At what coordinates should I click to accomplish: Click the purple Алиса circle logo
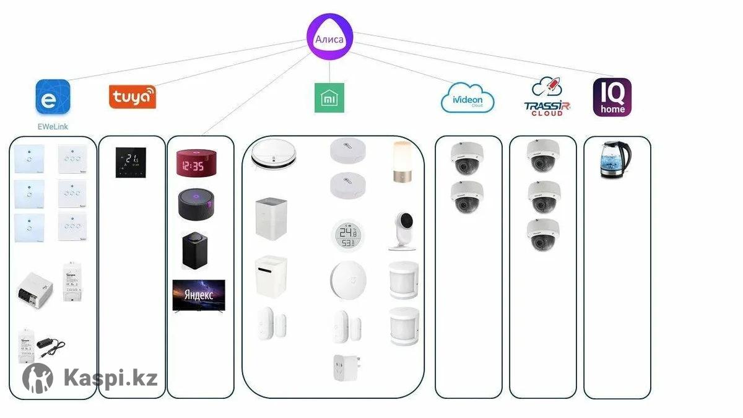pyautogui.click(x=330, y=38)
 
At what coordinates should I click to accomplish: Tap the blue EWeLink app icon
pyautogui.click(x=53, y=97)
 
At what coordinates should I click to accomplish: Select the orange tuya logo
pyautogui.click(x=133, y=97)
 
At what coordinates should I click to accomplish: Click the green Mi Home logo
pyautogui.click(x=329, y=98)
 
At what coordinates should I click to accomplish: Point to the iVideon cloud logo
pyautogui.click(x=467, y=98)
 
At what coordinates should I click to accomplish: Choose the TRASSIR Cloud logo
pyautogui.click(x=547, y=97)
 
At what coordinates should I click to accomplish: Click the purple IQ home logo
pyautogui.click(x=612, y=97)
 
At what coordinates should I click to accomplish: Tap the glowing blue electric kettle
pyautogui.click(x=615, y=160)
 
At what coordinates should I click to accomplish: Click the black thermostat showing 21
pyautogui.click(x=131, y=162)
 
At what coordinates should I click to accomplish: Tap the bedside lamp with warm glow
pyautogui.click(x=401, y=162)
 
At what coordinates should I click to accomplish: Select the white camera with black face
pyautogui.click(x=403, y=230)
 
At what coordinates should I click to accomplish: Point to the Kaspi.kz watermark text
pyautogui.click(x=110, y=377)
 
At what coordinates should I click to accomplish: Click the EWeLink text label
pyautogui.click(x=52, y=127)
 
